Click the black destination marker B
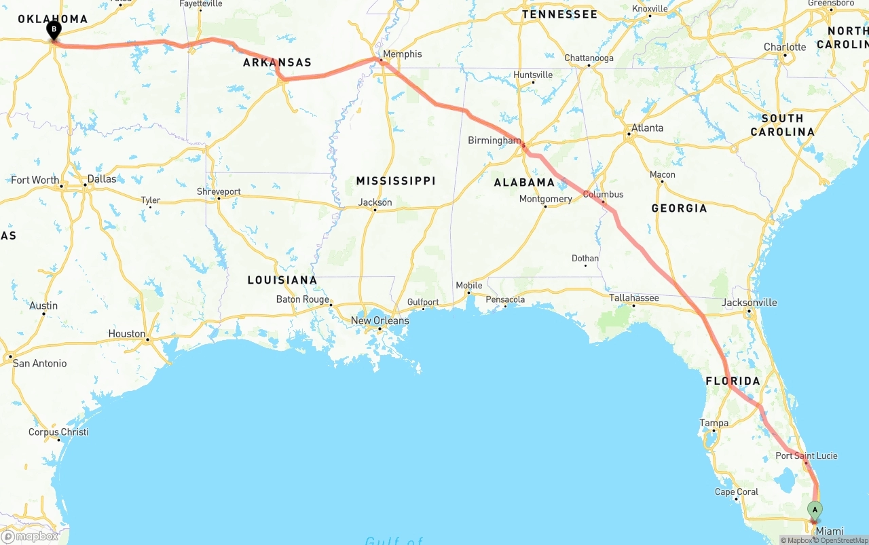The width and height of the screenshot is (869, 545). click(54, 29)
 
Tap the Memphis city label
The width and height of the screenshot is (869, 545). click(402, 54)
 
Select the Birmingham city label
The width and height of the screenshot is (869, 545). click(494, 140)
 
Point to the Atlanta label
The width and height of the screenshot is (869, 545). click(647, 128)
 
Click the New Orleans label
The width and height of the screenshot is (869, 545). click(380, 320)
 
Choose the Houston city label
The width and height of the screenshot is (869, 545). click(127, 334)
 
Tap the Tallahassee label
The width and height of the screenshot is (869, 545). click(633, 297)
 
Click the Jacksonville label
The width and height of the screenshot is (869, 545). click(750, 303)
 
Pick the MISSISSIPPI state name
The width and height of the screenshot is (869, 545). click(396, 181)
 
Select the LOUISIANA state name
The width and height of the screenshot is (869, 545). click(282, 280)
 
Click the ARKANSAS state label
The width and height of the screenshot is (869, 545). click(277, 62)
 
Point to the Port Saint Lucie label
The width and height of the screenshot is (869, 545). click(807, 455)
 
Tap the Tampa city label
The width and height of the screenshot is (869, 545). click(714, 423)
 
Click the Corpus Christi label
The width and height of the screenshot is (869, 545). click(58, 432)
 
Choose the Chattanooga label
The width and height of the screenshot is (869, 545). click(589, 58)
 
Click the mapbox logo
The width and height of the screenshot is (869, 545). click(30, 536)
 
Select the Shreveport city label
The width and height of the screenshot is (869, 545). click(219, 192)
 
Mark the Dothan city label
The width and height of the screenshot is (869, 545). click(585, 258)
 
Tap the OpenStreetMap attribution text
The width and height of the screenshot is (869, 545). click(843, 540)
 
